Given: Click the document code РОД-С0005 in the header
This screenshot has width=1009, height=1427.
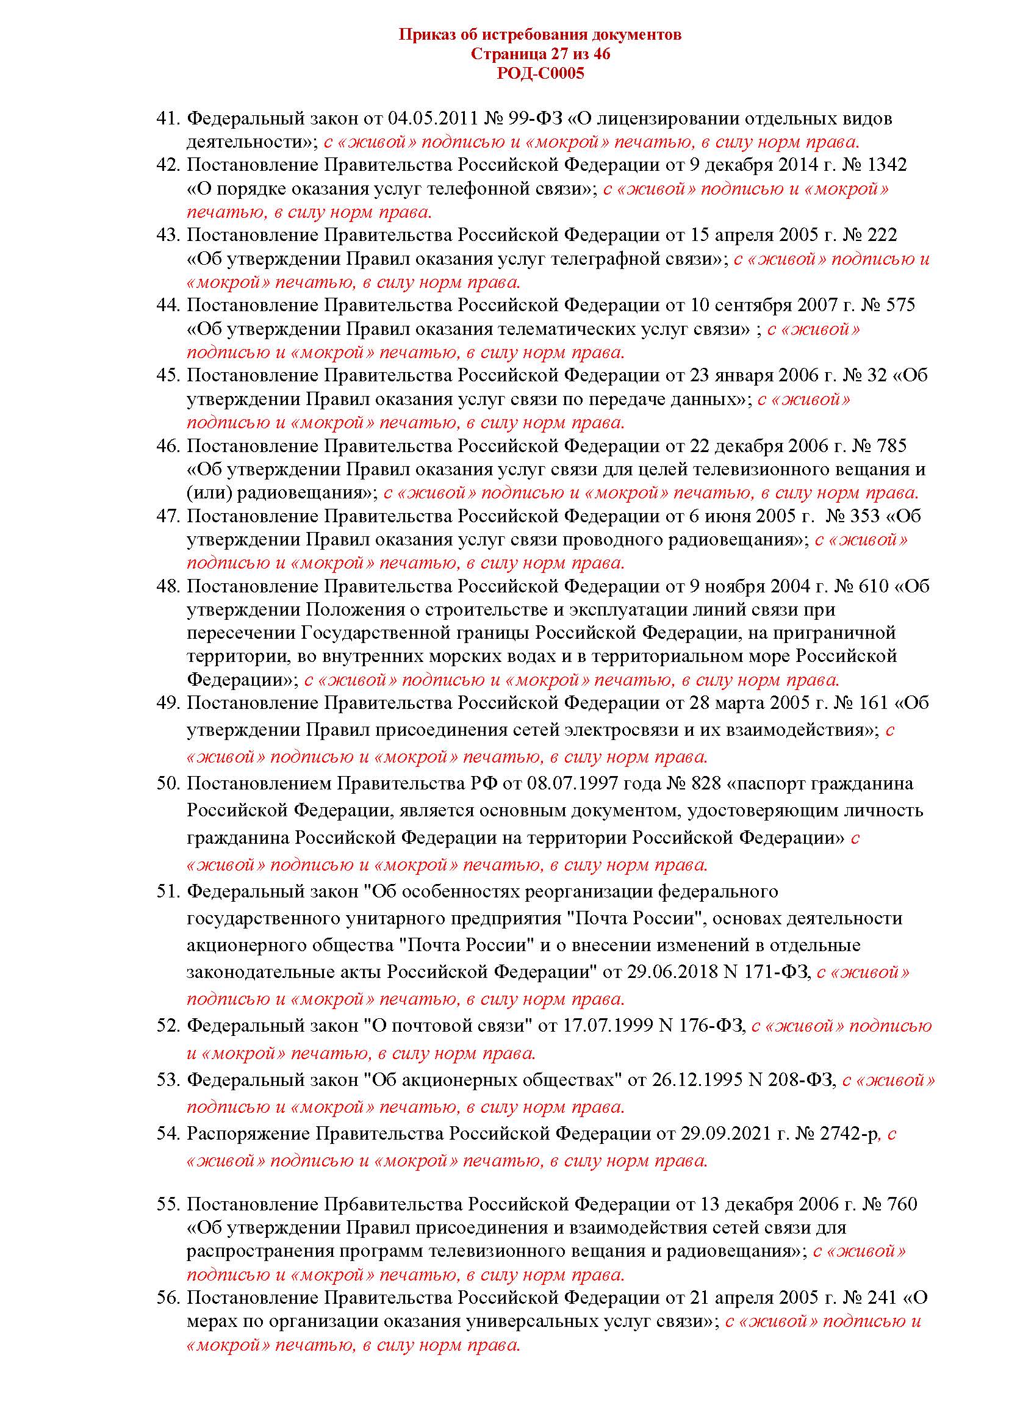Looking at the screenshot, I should coord(540,74).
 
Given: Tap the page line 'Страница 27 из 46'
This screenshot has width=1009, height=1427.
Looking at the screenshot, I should coord(540,54).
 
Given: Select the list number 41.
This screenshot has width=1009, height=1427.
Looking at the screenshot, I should coord(168,118).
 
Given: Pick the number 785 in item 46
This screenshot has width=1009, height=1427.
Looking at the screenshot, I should coord(892,445).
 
